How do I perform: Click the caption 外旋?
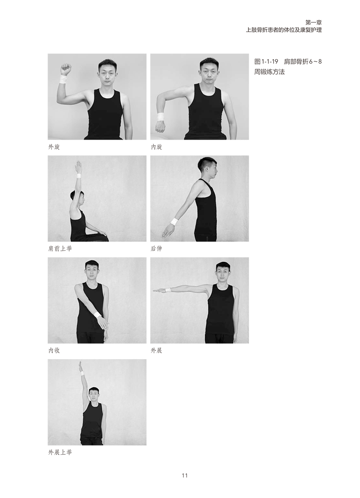click(54, 147)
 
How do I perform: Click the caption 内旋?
click(156, 147)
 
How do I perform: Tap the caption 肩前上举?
click(60, 248)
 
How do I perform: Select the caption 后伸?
click(156, 248)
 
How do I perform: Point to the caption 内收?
click(54, 351)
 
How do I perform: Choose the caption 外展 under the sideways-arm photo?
click(156, 351)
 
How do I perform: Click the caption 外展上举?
click(60, 452)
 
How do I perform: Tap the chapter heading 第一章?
click(314, 22)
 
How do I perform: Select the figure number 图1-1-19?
click(266, 62)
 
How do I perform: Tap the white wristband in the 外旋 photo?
click(63, 79)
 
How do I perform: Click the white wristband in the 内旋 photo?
click(161, 117)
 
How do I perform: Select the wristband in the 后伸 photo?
click(174, 221)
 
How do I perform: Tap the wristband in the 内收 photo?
click(97, 314)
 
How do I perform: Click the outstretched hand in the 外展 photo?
click(159, 290)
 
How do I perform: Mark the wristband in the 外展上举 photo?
click(82, 373)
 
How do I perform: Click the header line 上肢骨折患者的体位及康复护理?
click(284, 30)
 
